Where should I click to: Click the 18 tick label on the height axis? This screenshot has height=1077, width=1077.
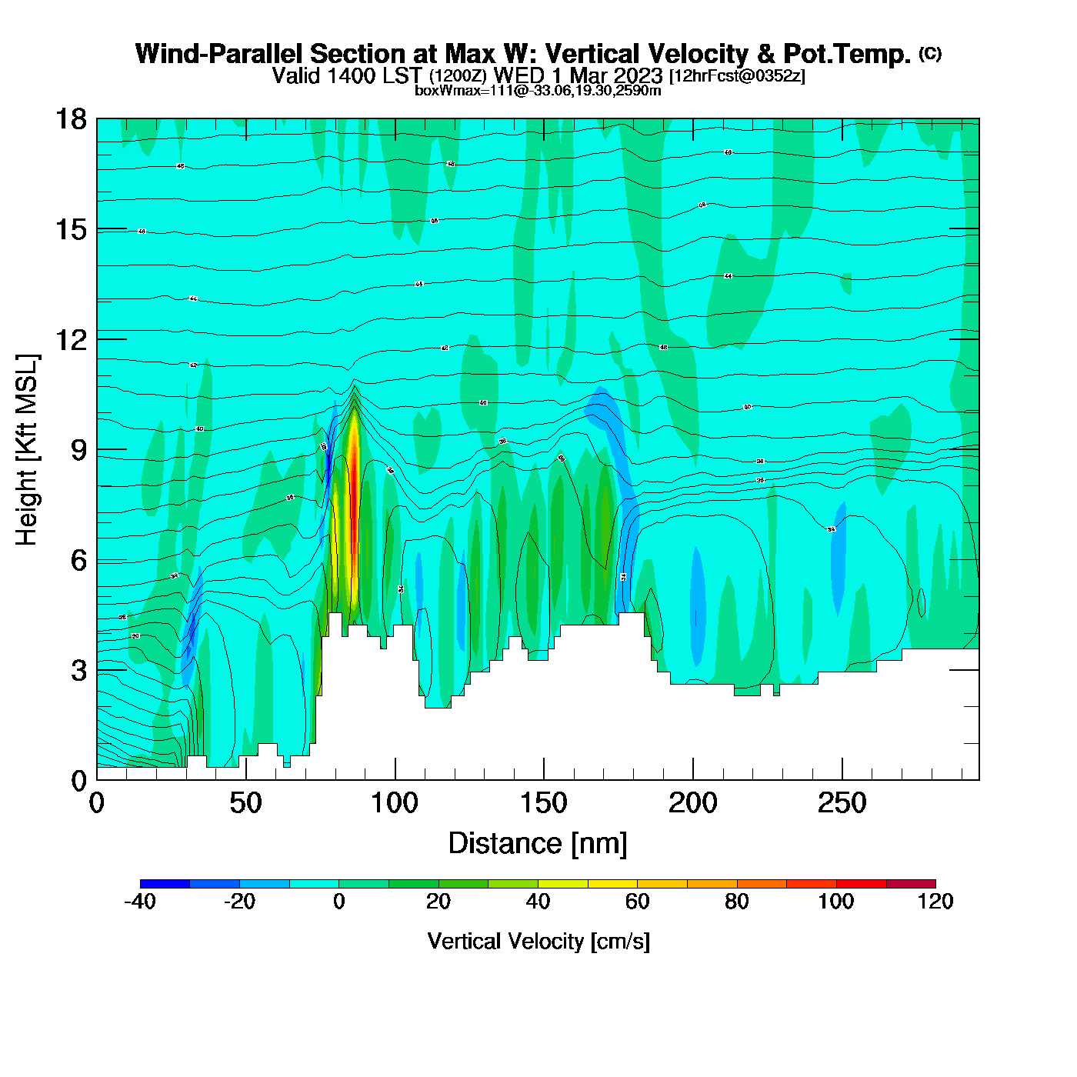[70, 119]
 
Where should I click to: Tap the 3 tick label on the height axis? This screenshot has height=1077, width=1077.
[78, 671]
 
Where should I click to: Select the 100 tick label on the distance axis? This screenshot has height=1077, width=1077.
[395, 804]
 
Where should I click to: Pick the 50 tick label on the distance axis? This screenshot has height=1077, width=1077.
[245, 804]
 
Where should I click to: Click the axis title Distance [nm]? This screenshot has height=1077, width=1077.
[538, 844]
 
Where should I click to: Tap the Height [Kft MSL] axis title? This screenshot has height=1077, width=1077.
[27, 450]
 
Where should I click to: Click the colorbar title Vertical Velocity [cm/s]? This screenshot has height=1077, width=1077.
[538, 941]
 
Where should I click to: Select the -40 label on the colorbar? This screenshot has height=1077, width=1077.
[140, 902]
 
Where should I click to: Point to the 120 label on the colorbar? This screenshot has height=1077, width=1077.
[935, 902]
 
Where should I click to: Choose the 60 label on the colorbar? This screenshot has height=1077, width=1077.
[637, 902]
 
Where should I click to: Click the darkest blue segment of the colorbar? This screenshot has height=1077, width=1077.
[165, 884]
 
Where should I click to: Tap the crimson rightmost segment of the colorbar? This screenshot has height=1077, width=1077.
[911, 884]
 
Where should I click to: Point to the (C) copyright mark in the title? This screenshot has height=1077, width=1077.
[929, 53]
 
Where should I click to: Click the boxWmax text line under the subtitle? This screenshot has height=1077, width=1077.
[538, 90]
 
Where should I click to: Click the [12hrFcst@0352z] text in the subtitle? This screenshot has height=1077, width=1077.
[737, 76]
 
